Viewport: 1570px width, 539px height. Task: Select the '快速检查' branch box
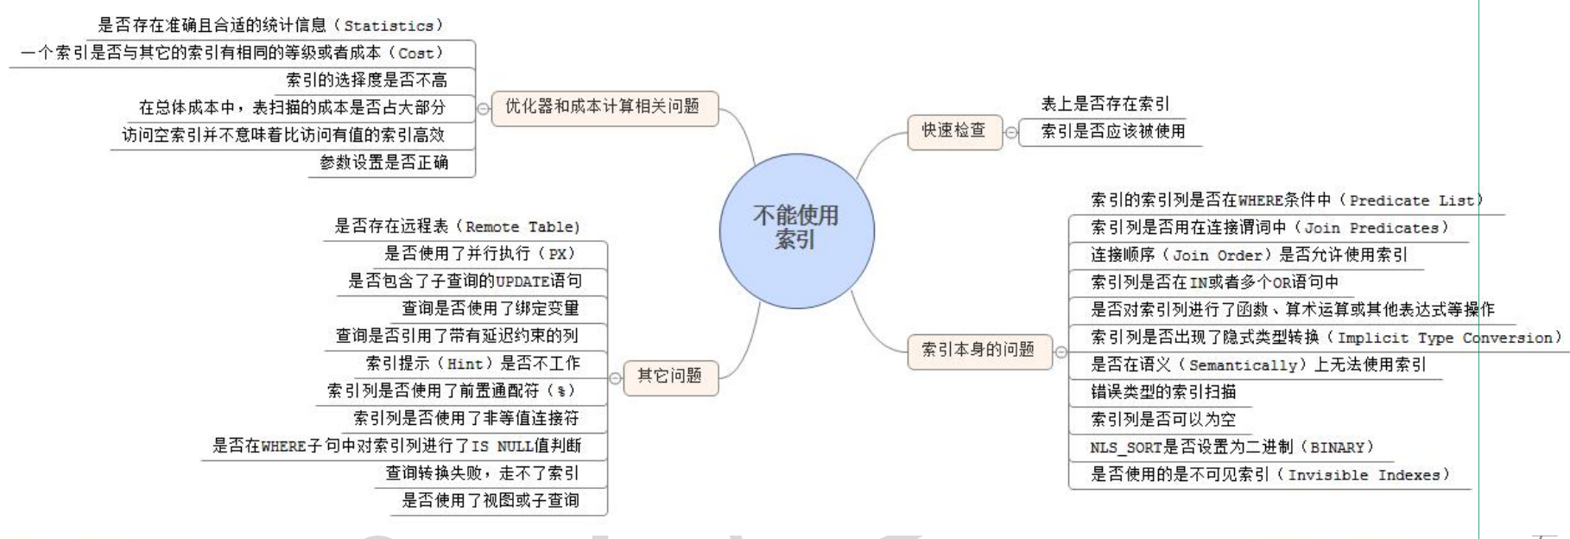point(953,130)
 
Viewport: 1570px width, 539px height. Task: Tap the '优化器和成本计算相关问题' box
point(604,107)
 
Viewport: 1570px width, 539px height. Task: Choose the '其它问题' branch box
point(670,376)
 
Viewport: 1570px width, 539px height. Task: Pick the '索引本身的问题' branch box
point(978,350)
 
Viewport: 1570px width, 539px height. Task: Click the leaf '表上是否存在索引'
point(1105,105)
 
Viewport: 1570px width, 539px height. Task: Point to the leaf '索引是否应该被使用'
point(1112,131)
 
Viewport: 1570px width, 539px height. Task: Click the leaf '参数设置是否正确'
point(384,162)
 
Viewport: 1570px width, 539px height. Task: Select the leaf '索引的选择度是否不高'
point(367,80)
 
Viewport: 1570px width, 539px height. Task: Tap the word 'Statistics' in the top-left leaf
point(389,26)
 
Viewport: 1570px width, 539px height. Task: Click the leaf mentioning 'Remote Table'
point(457,226)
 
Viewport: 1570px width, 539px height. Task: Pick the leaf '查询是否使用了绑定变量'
point(490,308)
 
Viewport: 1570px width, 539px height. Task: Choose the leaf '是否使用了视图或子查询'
point(490,500)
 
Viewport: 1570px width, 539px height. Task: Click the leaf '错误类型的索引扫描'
point(1163,392)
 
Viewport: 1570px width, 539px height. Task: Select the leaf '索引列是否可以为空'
point(1163,420)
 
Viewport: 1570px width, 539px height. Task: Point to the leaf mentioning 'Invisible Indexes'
point(1269,474)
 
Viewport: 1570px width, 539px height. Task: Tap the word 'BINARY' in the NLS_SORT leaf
point(1338,447)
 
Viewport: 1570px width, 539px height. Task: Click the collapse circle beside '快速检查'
point(1010,133)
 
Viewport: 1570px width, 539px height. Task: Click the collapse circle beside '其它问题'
point(615,377)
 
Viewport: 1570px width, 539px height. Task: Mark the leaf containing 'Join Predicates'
point(1269,228)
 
